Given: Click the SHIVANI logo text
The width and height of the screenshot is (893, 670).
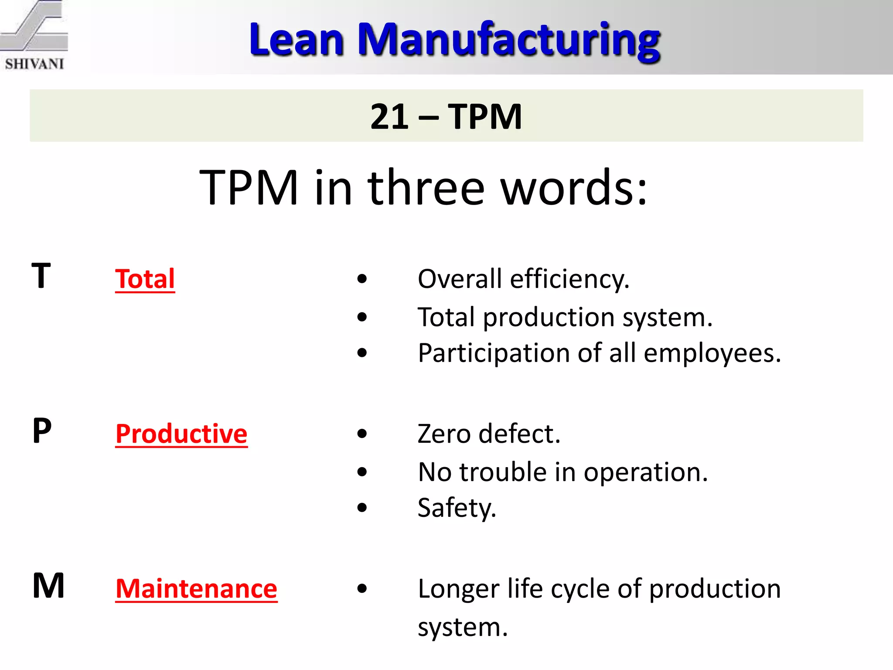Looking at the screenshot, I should pos(34,64).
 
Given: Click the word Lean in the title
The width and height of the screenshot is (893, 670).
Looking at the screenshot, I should pos(297,40).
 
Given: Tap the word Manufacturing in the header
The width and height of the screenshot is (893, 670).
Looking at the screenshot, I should pos(509,40).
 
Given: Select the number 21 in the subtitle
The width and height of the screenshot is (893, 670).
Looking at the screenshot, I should pos(389,117).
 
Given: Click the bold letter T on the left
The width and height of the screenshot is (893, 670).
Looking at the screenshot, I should pos(41,276).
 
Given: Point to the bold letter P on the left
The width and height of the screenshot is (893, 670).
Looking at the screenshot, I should pos(42,431).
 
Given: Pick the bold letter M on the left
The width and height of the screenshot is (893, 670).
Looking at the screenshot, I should pos(48,586).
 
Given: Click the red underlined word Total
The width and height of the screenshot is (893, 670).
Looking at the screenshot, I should pos(145,279).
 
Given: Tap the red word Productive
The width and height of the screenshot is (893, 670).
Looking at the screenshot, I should pos(181,434).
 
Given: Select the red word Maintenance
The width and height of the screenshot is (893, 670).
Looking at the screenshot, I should pos(196,588).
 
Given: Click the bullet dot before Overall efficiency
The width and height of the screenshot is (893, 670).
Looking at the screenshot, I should pos(362,279).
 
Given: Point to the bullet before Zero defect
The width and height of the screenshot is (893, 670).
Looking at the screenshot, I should pos(362,434).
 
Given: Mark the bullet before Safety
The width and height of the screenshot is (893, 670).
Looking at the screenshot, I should pos(362,507).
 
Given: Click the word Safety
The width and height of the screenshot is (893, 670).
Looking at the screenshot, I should pos(456,508).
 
